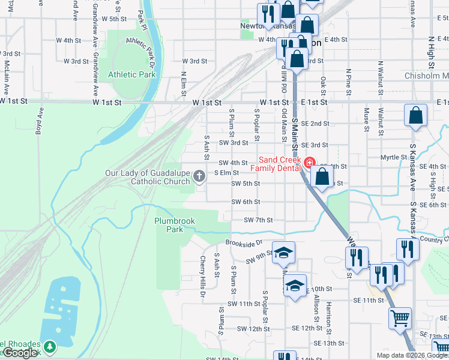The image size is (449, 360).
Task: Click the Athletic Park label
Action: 131,75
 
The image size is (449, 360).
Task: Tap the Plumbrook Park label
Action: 174,225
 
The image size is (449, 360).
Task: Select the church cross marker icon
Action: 200,176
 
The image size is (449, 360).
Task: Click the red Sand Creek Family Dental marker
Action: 309,163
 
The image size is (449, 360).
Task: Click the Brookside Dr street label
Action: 244,243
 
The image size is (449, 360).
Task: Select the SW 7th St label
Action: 258,220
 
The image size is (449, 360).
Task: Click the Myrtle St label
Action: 394,157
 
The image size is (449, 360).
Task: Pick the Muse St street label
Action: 366,118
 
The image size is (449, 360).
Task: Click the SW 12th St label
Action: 253,329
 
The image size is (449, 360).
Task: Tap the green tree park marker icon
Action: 50,346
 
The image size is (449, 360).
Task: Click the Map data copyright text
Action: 412,355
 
